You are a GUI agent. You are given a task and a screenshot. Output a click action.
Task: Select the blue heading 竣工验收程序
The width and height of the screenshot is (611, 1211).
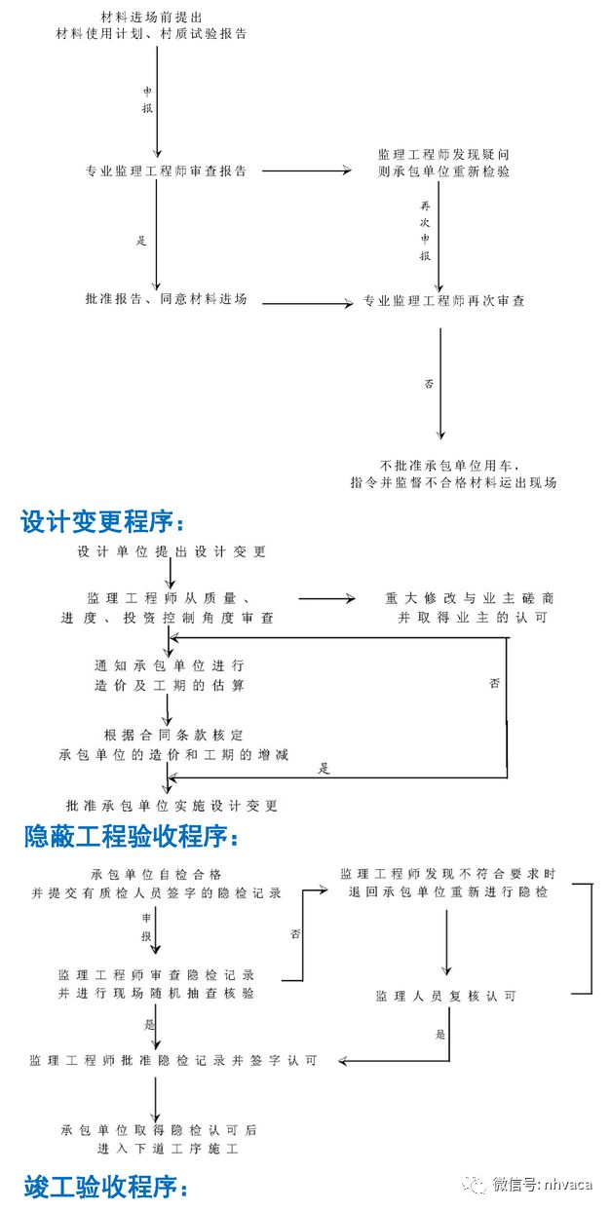pos(103,1188)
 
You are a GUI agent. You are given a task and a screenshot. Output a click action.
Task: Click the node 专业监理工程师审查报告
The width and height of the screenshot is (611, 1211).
pos(167,171)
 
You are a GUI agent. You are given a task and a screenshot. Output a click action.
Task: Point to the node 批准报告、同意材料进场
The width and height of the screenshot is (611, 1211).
pos(167,299)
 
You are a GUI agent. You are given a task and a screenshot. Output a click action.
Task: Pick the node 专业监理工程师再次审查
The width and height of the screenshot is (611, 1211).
pos(444,301)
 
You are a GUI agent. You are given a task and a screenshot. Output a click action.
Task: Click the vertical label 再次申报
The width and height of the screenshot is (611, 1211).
pos(425,232)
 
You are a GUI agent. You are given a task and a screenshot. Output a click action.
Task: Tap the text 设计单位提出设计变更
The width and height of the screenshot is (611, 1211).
pos(172,552)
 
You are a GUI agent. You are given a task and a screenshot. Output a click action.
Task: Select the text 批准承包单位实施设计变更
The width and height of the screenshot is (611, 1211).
pos(172,806)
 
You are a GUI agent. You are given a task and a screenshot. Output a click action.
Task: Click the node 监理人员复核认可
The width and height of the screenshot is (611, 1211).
pos(446,996)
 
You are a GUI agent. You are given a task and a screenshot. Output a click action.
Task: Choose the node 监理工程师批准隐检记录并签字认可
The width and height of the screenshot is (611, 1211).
pos(173,1060)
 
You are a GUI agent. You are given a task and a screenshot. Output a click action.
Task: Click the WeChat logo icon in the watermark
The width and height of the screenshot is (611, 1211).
pos(475,1185)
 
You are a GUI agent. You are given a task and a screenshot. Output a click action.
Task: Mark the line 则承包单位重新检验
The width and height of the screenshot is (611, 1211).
pos(444,171)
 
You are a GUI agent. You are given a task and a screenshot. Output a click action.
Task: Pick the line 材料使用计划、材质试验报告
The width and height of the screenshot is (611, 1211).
pos(152,33)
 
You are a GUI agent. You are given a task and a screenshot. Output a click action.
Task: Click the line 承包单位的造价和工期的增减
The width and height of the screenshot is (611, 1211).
pos(173,755)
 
